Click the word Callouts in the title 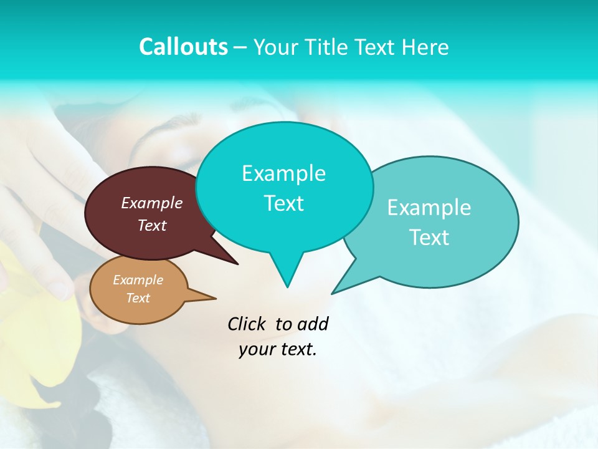pos(183,47)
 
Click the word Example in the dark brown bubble pos(152,203)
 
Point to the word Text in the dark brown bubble pos(152,225)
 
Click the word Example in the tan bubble pos(138,280)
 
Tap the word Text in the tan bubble pos(138,298)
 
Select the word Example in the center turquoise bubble pos(284,173)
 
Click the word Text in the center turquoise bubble pos(284,203)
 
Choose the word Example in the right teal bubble pos(429,208)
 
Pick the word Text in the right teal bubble pos(429,238)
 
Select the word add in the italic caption pos(312,324)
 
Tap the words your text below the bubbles pos(278,349)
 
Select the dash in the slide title pos(241,47)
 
